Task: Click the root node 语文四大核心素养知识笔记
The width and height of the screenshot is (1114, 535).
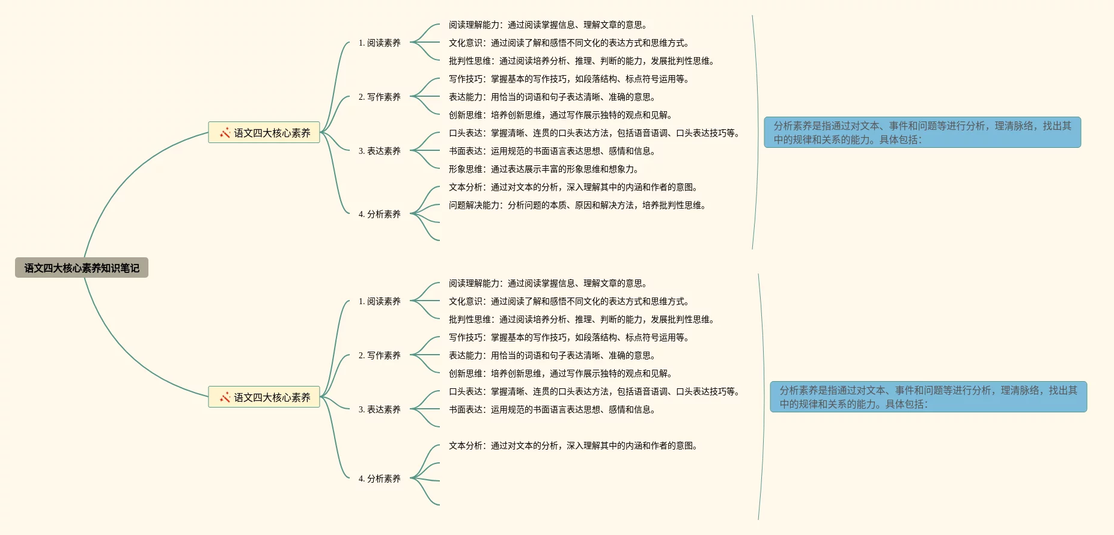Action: [x=82, y=268]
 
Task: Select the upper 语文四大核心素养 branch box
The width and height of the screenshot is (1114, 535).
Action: [x=264, y=133]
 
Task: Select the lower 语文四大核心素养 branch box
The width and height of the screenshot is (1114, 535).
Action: [x=264, y=397]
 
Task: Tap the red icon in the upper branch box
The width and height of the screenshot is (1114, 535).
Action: [x=225, y=133]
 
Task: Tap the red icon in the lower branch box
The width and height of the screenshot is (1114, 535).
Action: [x=225, y=397]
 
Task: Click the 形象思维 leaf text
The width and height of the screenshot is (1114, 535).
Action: [x=543, y=170]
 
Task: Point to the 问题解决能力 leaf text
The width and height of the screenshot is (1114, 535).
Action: [x=577, y=206]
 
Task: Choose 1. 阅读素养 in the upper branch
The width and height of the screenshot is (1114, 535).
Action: [x=379, y=43]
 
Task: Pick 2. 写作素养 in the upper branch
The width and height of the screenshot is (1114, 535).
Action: [x=379, y=97]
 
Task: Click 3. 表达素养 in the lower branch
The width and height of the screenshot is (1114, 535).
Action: [x=379, y=410]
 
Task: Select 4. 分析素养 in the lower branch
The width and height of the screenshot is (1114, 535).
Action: [x=379, y=479]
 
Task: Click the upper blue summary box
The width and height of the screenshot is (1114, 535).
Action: [x=922, y=133]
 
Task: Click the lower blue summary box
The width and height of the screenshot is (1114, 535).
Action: [x=928, y=397]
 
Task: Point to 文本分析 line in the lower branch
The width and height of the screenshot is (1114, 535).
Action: [x=573, y=446]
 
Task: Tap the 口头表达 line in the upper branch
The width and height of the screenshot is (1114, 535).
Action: [x=594, y=133]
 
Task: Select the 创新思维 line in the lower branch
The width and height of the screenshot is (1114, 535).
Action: [x=560, y=374]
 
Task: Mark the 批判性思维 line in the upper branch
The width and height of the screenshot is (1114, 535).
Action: [x=581, y=61]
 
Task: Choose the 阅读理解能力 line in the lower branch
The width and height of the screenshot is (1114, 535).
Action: [x=547, y=284]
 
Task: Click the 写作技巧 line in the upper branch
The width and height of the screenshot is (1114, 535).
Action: [x=568, y=79]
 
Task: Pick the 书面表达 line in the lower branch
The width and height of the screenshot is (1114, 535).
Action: [x=552, y=410]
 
